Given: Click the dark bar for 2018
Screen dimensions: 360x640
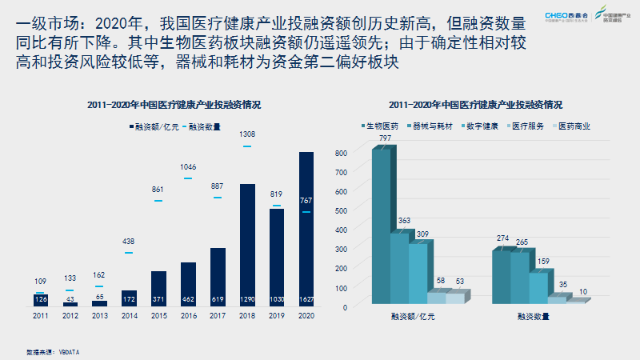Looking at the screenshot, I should [x=247, y=245].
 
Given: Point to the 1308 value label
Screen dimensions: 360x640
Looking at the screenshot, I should [x=247, y=134].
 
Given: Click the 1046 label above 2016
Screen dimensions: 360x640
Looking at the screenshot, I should [x=189, y=166].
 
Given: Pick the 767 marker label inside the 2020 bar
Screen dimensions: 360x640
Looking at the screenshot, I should [x=306, y=200].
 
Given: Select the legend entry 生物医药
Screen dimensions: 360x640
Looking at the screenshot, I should [x=381, y=126].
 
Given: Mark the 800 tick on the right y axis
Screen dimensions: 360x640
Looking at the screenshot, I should [x=341, y=152].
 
